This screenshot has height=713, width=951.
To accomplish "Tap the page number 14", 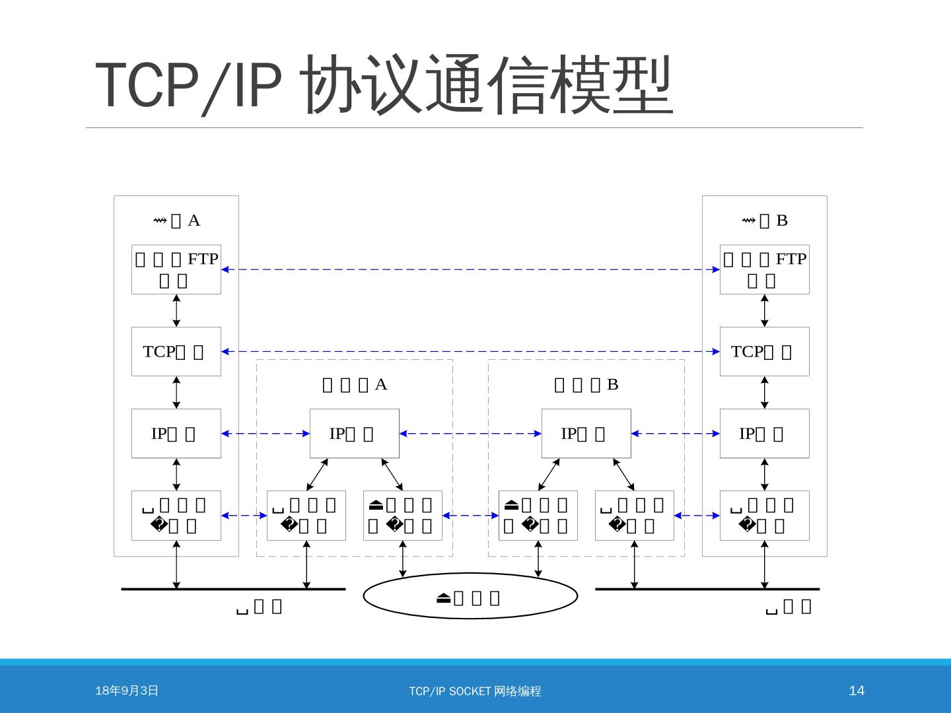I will [x=856, y=691].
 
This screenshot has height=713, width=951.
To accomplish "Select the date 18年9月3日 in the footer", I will [x=127, y=691].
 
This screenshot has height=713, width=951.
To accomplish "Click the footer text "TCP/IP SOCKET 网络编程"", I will [x=475, y=691].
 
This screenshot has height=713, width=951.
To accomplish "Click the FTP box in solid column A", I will [x=176, y=269].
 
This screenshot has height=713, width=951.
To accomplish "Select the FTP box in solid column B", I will [x=764, y=269].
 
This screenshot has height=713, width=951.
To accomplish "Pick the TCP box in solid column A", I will [x=176, y=351].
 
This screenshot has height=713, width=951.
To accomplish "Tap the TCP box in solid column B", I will [x=764, y=351].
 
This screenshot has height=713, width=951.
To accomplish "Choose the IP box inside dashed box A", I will [x=355, y=433].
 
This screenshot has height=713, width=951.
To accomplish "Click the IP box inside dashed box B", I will [x=586, y=433].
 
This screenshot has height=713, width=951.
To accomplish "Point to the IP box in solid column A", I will [x=176, y=433].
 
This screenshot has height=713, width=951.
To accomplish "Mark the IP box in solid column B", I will [x=764, y=433].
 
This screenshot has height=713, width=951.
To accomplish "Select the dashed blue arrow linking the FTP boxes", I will [x=470, y=269].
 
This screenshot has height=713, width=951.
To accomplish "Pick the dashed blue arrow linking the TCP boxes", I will [x=470, y=351].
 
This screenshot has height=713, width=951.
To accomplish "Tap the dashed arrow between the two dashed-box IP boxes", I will [x=470, y=433].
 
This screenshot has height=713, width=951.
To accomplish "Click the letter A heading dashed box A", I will [x=381, y=384].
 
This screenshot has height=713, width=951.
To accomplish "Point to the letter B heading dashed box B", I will [x=612, y=384].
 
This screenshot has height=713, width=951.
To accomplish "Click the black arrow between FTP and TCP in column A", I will [x=176, y=310].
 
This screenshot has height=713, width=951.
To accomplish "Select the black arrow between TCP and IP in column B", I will [x=764, y=392].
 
